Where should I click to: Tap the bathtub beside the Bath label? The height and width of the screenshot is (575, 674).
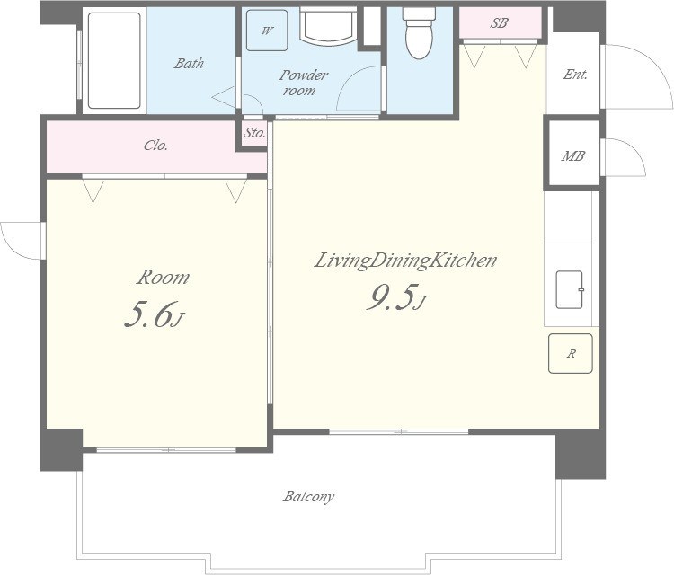[114, 60]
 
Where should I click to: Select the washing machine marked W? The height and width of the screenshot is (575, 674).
[267, 31]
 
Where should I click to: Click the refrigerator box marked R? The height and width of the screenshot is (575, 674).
[571, 353]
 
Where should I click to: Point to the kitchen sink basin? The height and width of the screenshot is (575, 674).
[570, 289]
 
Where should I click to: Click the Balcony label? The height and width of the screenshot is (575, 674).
[308, 497]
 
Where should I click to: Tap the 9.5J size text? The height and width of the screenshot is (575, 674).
[396, 297]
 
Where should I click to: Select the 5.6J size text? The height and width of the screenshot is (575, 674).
[155, 314]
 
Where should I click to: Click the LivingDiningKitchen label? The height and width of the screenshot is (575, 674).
[405, 261]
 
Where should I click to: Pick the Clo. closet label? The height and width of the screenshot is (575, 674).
[155, 146]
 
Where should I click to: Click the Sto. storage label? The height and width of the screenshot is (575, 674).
[254, 133]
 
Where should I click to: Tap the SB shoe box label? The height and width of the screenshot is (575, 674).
[499, 22]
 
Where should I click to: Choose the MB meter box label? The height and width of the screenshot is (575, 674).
[572, 155]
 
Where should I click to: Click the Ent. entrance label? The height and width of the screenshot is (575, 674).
[575, 75]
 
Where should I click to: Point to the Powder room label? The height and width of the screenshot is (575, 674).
[304, 83]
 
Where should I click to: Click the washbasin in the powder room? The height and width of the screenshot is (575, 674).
[329, 26]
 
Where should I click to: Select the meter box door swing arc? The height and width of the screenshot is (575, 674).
[634, 150]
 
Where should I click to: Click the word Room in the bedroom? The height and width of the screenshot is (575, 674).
[163, 278]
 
